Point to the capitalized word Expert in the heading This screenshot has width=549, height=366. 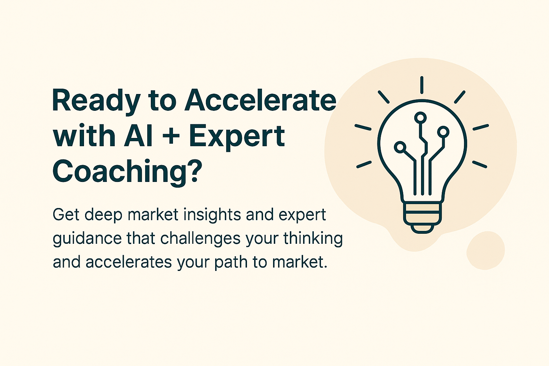pyautogui.click(x=237, y=137)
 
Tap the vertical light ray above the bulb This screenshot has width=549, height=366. pyautogui.click(x=422, y=85)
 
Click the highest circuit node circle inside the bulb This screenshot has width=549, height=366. pyautogui.click(x=420, y=117)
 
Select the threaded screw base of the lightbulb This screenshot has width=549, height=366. pyautogui.click(x=422, y=213)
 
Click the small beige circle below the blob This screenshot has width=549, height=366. pyautogui.click(x=485, y=250)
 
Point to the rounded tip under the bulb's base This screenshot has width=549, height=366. pyautogui.click(x=422, y=228)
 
